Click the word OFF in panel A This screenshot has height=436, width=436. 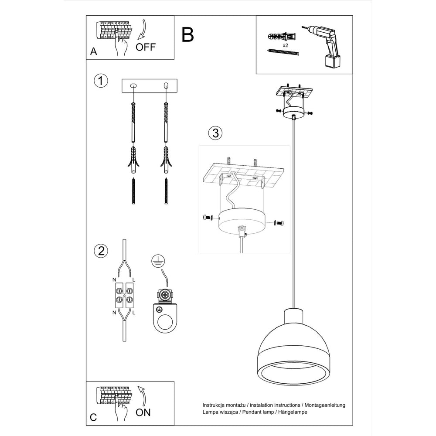click(146, 47)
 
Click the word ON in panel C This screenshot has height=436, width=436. click(143, 412)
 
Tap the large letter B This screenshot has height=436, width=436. click(187, 35)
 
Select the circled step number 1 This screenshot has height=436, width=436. click(101, 81)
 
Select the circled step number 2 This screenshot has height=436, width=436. click(101, 251)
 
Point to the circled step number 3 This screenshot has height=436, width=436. click(215, 133)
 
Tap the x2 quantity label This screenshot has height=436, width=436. click(285, 45)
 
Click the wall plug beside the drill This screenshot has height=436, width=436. click(281, 37)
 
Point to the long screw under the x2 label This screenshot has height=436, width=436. click(283, 52)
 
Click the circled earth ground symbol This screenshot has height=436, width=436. click(158, 261)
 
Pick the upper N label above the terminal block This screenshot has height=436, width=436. click(114, 280)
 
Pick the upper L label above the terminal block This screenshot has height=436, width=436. click(134, 280)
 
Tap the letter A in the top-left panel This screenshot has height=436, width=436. click(94, 51)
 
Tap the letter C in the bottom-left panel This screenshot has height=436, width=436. click(93, 417)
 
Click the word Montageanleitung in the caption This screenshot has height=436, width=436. click(326, 405)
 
